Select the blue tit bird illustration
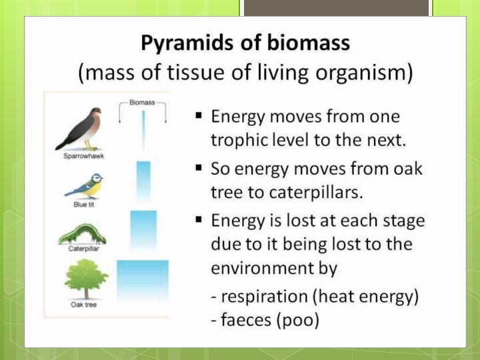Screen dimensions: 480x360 click(x=84, y=185)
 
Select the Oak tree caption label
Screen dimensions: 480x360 click(x=84, y=305)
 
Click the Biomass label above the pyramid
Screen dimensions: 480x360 click(x=142, y=103)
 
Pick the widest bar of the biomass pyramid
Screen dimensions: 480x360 click(x=143, y=281)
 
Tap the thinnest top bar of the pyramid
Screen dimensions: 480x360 click(x=143, y=130)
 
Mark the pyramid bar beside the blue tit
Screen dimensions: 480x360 click(x=143, y=180)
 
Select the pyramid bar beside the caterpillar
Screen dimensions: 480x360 click(x=143, y=229)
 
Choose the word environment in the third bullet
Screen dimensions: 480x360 click(x=274, y=267)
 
